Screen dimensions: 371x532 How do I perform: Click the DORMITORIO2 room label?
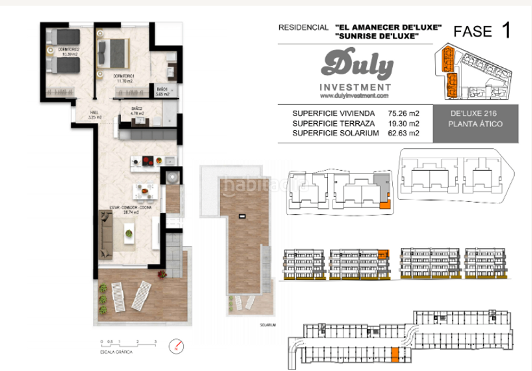coord(68,50)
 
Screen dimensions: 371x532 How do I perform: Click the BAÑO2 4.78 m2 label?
coord(138,111)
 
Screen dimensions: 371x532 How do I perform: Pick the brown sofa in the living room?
coord(106,233)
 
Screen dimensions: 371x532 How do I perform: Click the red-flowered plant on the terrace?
coord(161,273)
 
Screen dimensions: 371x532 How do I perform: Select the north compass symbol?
coord(176,346)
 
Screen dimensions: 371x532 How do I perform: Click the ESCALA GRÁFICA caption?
coord(115,353)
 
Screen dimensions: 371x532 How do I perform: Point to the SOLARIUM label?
coord(268,324)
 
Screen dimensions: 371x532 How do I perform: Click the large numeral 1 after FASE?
coord(507,30)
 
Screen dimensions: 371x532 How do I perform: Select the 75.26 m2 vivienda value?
coord(403,113)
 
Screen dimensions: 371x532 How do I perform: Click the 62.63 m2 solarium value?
coord(403,133)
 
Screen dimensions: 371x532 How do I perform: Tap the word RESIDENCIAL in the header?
coord(303,28)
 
